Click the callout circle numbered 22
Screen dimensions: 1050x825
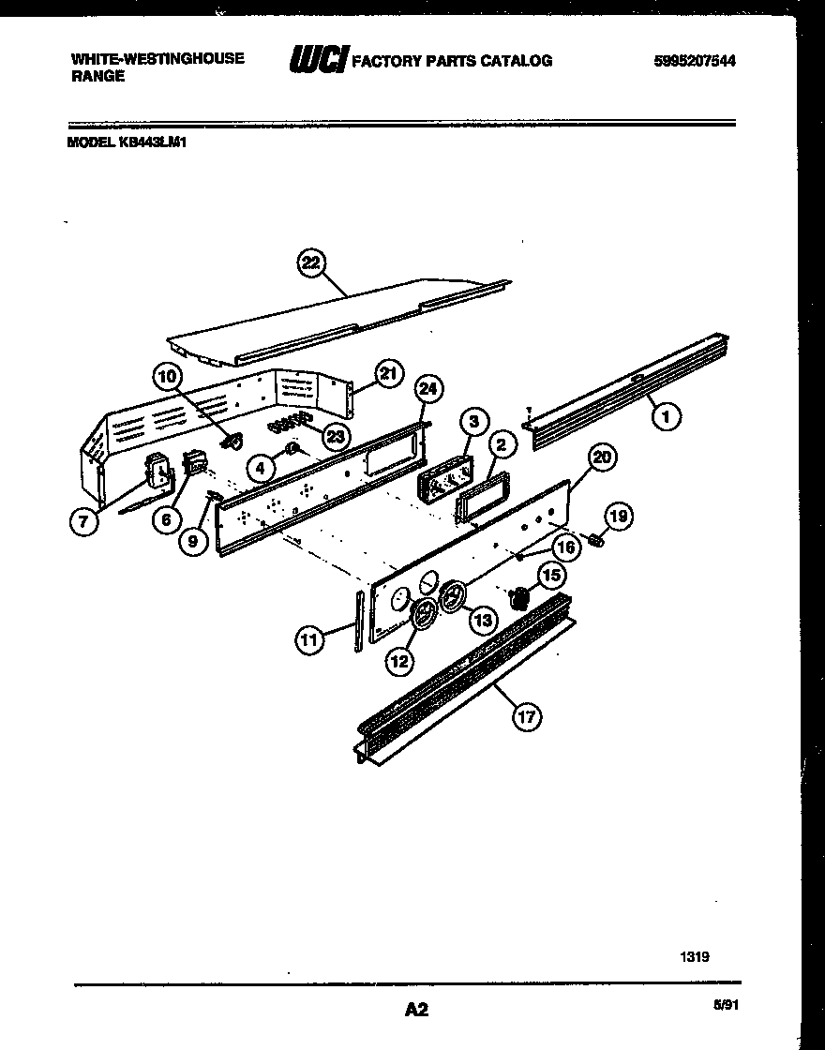point(309,264)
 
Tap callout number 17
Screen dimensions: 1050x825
point(527,717)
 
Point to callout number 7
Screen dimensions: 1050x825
point(83,522)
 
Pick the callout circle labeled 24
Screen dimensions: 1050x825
point(429,389)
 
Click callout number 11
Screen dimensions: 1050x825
point(308,640)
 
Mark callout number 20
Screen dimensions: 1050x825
point(602,457)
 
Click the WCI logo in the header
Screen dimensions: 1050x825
point(319,61)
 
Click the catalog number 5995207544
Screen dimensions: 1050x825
point(694,61)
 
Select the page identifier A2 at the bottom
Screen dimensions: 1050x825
point(416,1010)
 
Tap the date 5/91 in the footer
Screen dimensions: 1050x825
point(726,1005)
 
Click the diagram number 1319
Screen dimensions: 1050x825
point(694,957)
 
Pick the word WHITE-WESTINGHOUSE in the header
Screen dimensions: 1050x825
point(131,58)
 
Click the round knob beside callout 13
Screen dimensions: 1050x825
point(455,597)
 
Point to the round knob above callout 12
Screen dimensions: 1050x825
point(426,616)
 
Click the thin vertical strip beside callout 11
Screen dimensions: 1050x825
point(357,621)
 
